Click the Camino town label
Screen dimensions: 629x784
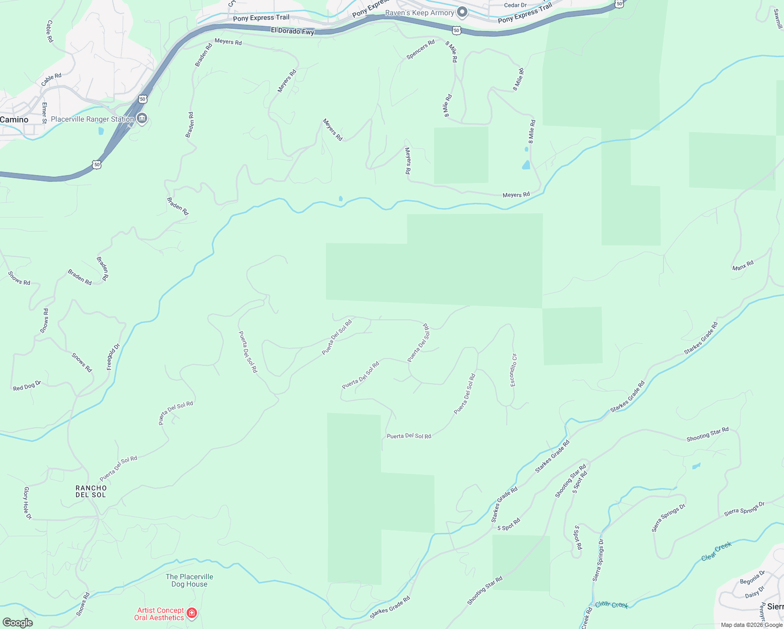click(14, 120)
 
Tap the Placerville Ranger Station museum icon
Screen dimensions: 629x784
click(142, 118)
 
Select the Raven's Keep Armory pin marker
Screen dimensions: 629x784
click(462, 12)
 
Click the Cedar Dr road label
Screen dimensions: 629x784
click(515, 5)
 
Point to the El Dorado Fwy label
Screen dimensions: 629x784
click(292, 31)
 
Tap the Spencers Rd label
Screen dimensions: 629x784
click(420, 50)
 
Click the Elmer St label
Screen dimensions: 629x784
click(45, 113)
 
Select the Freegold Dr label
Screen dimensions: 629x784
click(113, 356)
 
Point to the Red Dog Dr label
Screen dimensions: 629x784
click(27, 386)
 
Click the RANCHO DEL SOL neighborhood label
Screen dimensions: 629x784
click(91, 491)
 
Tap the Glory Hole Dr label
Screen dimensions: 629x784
click(28, 503)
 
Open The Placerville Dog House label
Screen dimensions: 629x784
click(189, 580)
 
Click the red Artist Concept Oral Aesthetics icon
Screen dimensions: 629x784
click(192, 613)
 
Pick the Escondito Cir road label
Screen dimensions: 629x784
click(514, 370)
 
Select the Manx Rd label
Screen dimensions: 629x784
click(743, 265)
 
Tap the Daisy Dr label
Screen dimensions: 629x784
click(755, 593)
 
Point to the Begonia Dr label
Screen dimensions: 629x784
click(753, 578)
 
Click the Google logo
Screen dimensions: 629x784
click(17, 623)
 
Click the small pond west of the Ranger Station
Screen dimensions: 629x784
click(101, 131)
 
